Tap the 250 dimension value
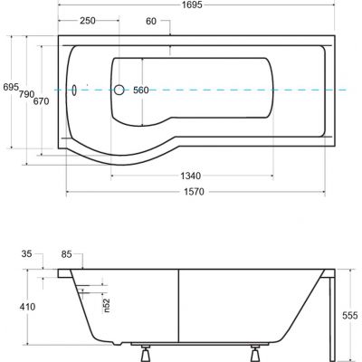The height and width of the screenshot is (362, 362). click(88, 21)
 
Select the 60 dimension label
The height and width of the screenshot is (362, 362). click(151, 21)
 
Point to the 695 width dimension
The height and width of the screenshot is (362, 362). click(11, 87)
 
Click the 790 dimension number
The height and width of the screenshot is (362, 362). click(26, 94)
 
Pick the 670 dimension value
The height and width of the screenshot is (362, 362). click(41, 101)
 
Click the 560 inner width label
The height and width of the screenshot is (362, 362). click(141, 90)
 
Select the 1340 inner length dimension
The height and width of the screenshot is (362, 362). click(191, 176)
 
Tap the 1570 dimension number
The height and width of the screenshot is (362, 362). click(194, 192)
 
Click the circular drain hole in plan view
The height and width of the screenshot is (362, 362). click(119, 90)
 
